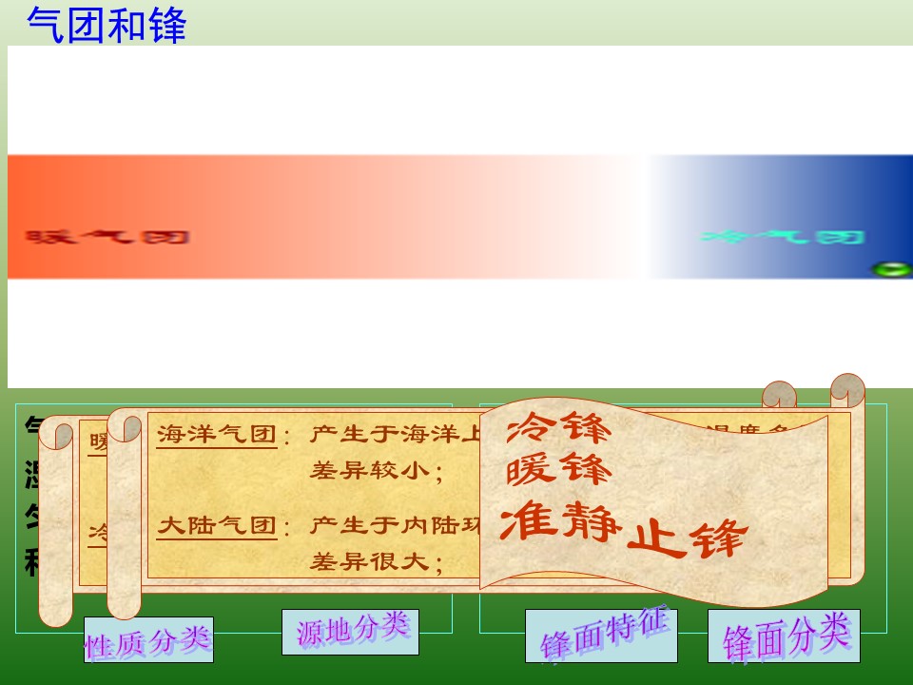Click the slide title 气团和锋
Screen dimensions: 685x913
click(x=107, y=25)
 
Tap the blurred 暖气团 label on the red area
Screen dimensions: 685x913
click(x=107, y=237)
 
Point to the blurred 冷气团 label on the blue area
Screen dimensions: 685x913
click(x=782, y=237)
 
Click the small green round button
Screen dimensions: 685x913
click(x=891, y=269)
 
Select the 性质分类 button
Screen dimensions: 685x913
click(x=148, y=640)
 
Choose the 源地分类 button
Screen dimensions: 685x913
click(x=351, y=631)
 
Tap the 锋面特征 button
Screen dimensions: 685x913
click(x=601, y=635)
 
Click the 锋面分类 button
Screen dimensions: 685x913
click(x=784, y=636)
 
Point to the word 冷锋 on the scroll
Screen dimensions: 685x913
click(x=558, y=430)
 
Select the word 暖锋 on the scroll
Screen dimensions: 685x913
click(x=558, y=471)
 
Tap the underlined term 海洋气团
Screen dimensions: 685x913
click(x=217, y=435)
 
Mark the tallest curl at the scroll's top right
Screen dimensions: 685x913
click(x=846, y=388)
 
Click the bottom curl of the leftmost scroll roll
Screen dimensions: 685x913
click(x=56, y=609)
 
